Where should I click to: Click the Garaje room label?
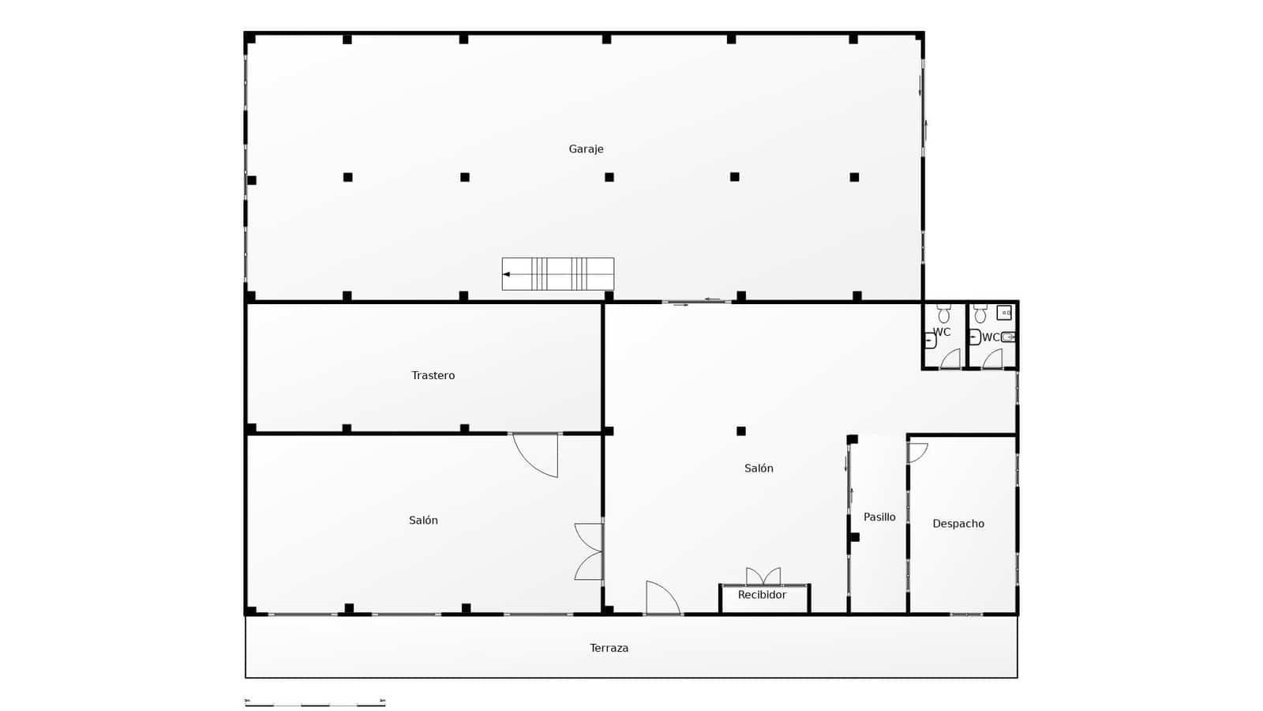point(586,149)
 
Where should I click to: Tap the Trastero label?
point(433,375)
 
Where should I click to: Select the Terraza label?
point(609,648)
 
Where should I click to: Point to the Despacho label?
point(958,523)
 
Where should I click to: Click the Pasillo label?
point(879,517)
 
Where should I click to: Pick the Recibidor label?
point(762,595)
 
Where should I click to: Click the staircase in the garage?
point(558,274)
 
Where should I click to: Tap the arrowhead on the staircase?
point(507,274)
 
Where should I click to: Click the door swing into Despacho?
point(917,452)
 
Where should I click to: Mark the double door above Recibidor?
point(763,576)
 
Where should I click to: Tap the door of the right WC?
point(993,359)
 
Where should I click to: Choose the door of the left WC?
point(950,359)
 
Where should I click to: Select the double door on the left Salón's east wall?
point(589,551)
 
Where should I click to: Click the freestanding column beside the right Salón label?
point(740,431)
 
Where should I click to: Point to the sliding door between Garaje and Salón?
point(696,301)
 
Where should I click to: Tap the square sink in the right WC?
point(1004,312)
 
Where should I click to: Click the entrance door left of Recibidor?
point(661,598)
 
